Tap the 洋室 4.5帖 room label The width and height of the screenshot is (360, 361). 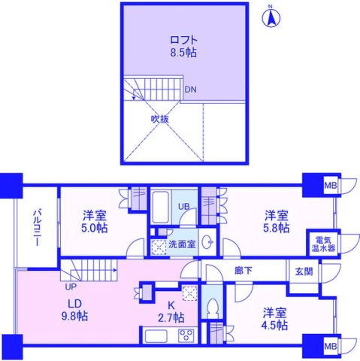[x=274, y=319]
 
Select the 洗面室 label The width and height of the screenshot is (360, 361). [x=181, y=244]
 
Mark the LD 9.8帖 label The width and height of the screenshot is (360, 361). [x=73, y=309]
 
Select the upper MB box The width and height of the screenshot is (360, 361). [x=330, y=184]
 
